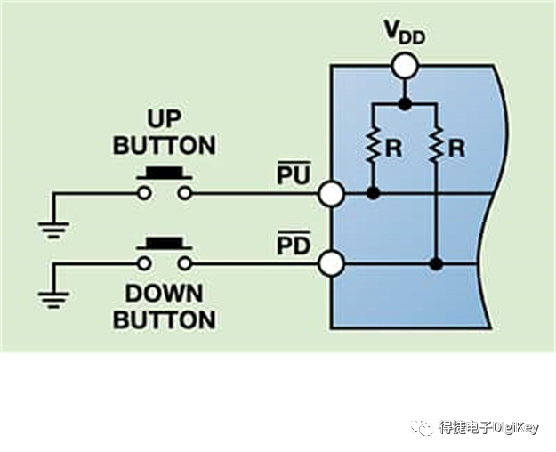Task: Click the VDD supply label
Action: pyautogui.click(x=405, y=33)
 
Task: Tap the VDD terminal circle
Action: pyautogui.click(x=405, y=66)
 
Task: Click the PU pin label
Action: pyautogui.click(x=294, y=174)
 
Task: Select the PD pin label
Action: pyautogui.click(x=294, y=244)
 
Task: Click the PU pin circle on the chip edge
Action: pyautogui.click(x=331, y=194)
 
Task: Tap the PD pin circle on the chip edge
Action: pyautogui.click(x=331, y=263)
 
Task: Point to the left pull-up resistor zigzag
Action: pyautogui.click(x=373, y=145)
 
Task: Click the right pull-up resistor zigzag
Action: pyautogui.click(x=436, y=145)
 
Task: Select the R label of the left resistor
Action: pyautogui.click(x=393, y=148)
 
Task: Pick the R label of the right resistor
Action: pyautogui.click(x=456, y=148)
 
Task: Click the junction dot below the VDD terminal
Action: pyautogui.click(x=405, y=104)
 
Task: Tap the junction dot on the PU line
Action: pyautogui.click(x=373, y=193)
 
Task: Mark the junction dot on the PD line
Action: pyautogui.click(x=436, y=264)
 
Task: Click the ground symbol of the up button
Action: pyautogui.click(x=53, y=230)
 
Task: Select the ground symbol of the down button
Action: pyautogui.click(x=53, y=300)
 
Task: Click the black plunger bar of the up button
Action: pyautogui.click(x=165, y=174)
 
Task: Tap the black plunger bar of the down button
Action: pyautogui.click(x=165, y=244)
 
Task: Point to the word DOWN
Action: pyautogui.click(x=164, y=294)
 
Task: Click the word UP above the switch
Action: pyautogui.click(x=165, y=119)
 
